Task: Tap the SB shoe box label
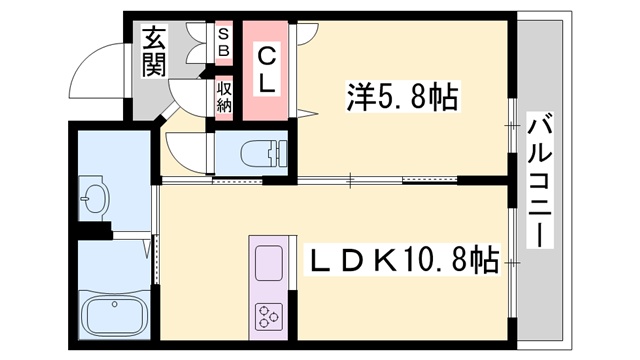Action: (224, 41)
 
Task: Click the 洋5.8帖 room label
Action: (402, 97)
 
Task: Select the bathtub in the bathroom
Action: (115, 316)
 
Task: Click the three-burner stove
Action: (269, 318)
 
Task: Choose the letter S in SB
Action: (224, 33)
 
